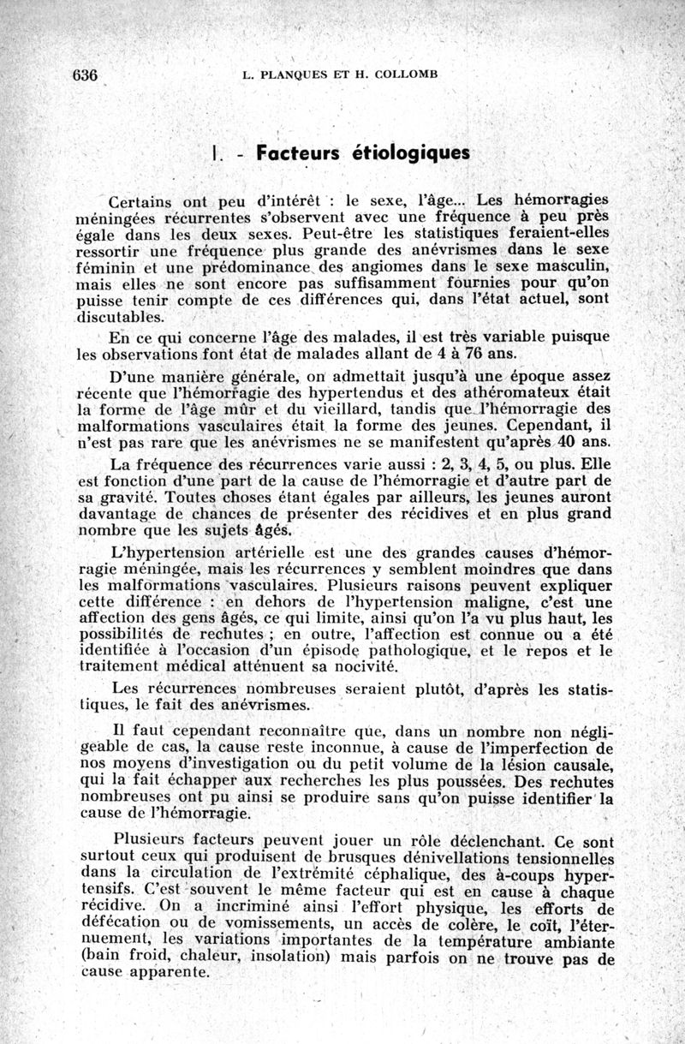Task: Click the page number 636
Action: [86, 74]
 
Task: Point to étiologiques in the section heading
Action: [411, 154]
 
